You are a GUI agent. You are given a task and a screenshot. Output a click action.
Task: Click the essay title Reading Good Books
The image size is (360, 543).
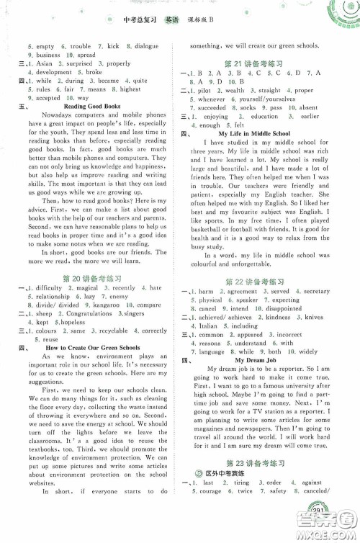[94, 107]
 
